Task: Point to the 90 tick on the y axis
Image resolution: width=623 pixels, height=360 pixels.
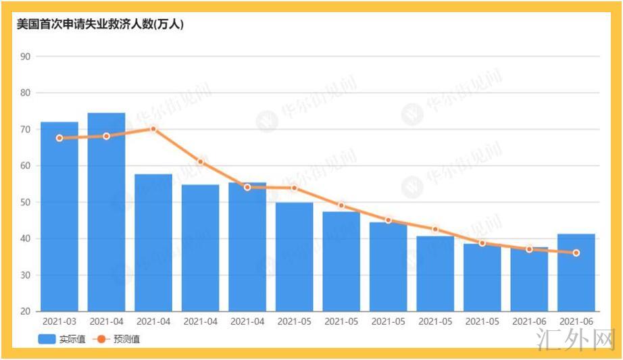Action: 26,56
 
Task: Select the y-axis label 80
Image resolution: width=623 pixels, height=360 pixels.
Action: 26,93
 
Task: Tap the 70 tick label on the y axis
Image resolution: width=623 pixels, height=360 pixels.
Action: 26,129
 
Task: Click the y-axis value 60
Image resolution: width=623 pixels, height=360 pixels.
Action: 26,165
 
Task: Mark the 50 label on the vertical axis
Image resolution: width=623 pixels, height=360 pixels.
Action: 26,202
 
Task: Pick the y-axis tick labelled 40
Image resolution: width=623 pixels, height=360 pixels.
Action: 26,238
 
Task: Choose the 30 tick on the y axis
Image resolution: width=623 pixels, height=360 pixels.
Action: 26,275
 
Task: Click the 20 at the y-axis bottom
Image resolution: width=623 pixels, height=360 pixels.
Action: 26,311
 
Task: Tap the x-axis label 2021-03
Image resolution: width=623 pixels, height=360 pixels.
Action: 59,322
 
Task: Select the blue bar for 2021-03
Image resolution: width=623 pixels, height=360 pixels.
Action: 59,216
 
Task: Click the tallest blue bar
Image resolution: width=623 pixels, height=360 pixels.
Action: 106,212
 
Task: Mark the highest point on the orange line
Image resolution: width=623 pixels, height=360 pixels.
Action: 153,128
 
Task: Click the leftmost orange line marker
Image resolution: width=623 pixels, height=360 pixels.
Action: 59,138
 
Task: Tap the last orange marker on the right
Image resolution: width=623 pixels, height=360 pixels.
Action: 576,253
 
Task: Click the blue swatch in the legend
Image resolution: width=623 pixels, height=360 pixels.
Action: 47,339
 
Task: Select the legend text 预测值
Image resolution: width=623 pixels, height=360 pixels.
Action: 126,339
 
